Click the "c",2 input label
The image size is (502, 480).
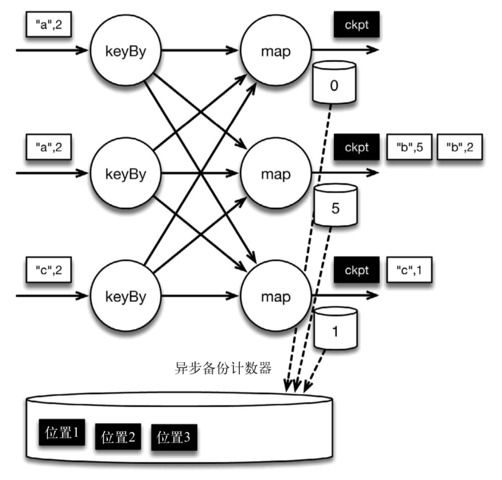tap(49, 270)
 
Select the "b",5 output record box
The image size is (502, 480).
tap(409, 147)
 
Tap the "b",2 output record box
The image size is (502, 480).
tap(460, 147)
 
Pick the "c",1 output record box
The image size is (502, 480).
tap(409, 270)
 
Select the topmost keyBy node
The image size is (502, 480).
tap(126, 50)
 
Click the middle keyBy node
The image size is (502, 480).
tap(126, 173)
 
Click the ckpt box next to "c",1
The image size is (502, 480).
tap(356, 270)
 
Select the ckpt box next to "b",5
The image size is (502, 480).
tap(356, 147)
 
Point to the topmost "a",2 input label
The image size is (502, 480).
tap(49, 25)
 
